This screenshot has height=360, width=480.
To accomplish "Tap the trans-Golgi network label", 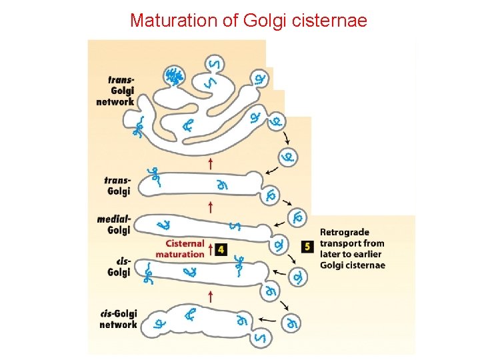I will pos(116,91).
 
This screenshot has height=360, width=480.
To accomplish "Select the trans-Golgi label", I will pos(118,186).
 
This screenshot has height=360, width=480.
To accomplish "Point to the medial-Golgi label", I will pos(114,225).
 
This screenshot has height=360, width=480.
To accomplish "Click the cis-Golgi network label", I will pos(118,319).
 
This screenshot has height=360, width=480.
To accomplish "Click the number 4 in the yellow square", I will pos(221,249).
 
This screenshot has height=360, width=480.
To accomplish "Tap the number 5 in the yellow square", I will pos(307,246).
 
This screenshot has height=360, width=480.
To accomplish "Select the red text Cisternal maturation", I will pos(180,249).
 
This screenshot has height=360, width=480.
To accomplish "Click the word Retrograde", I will pos(344,232).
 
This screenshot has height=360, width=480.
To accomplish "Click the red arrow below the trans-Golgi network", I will pos(211,163).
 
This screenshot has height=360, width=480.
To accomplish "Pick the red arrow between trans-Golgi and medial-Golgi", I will pos(211,206).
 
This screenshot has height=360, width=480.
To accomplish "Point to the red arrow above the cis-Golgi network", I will pos(211,295).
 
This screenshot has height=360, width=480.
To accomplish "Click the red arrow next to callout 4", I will pos(211,249).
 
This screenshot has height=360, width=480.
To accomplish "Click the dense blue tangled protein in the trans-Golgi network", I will pos(175,77).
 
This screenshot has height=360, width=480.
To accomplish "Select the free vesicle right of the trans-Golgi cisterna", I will pos(288,157).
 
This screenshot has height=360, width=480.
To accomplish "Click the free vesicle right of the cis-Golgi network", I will pos(291,323).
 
